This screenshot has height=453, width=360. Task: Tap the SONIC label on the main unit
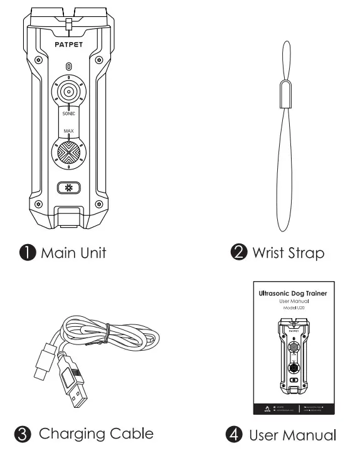coord(69,115)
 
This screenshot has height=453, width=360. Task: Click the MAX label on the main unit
coord(69,131)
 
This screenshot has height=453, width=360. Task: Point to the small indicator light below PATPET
coord(68,66)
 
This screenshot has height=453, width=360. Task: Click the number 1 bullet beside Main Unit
coord(27,253)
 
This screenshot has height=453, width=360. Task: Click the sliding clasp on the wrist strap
coord(284,92)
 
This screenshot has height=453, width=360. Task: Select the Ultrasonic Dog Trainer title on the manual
coord(294,293)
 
